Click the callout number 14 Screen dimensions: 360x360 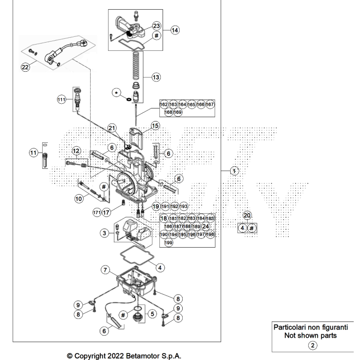[x=174, y=30]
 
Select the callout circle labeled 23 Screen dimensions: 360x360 [x=156, y=25]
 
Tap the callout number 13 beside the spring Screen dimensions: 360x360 [x=156, y=77]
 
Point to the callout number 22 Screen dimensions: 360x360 [x=25, y=67]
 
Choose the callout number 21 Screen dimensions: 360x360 [x=112, y=128]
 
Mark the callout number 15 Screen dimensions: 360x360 [x=155, y=125]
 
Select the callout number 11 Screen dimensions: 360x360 [x=33, y=153]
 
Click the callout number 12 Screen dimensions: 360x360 [x=76, y=150]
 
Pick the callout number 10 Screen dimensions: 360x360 [x=78, y=198]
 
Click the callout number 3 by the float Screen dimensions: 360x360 [x=104, y=233]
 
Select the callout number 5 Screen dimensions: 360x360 [x=152, y=314]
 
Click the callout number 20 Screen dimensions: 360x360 [x=247, y=215]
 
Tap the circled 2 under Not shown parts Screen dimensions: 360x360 [x=313, y=345]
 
